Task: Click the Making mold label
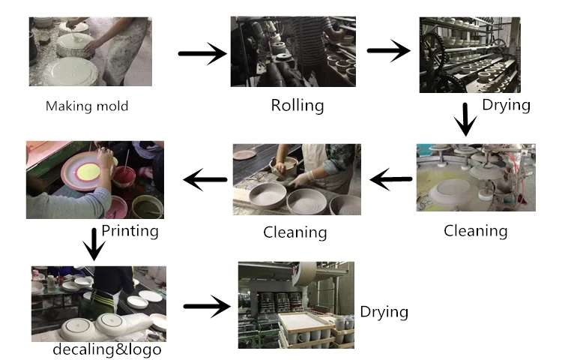click(87, 106)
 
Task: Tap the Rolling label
click(297, 105)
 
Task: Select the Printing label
click(130, 230)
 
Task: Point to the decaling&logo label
click(107, 349)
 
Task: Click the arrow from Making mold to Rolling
click(202, 53)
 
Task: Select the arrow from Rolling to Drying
click(388, 51)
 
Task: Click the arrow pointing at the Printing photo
click(205, 179)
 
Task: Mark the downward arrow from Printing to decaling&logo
click(93, 243)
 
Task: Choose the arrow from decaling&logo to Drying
click(206, 305)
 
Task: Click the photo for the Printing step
click(94, 179)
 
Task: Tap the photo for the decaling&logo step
click(98, 303)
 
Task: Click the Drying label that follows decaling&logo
click(384, 311)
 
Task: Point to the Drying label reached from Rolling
click(506, 104)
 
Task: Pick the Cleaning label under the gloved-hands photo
click(295, 232)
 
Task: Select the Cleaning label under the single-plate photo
click(475, 229)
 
